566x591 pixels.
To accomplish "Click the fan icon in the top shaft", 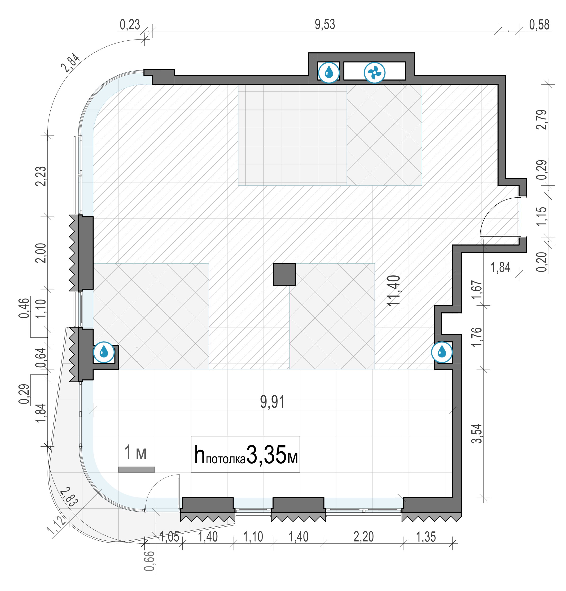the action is click(374, 72).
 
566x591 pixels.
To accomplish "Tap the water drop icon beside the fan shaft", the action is click(329, 72).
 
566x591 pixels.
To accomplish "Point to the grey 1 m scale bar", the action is click(136, 469).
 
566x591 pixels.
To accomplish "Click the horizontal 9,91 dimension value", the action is click(272, 402).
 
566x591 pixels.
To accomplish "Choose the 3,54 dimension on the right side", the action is click(477, 433).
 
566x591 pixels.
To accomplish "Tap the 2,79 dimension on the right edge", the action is click(542, 120).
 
